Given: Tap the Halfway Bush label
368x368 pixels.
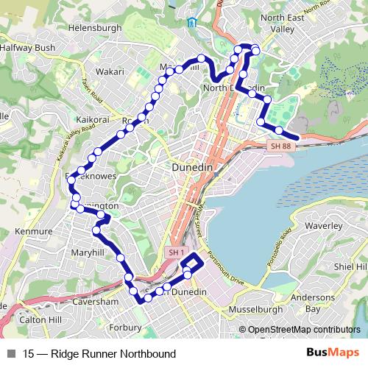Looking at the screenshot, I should [27, 48].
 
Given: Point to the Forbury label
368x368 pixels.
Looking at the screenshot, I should [125, 327].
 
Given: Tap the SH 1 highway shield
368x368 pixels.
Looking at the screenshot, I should [175, 252].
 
